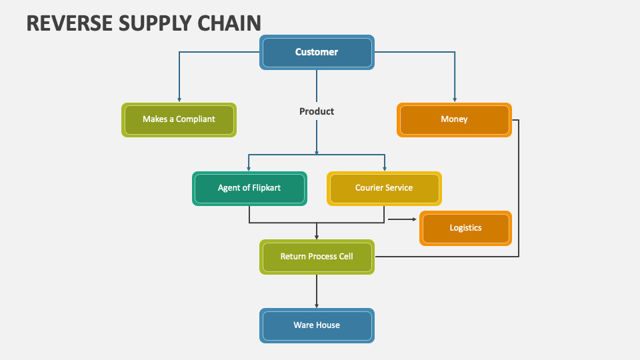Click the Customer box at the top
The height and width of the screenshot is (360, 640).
[x=317, y=52]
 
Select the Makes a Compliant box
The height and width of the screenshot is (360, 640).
[x=179, y=119]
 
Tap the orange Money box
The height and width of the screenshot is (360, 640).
[x=454, y=119]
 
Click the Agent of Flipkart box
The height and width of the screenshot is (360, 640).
[x=249, y=188]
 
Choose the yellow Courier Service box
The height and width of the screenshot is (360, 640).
[x=384, y=188]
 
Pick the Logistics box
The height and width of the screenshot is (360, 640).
[x=465, y=228]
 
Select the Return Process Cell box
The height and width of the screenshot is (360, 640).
[x=317, y=257]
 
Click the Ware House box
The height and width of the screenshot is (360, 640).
[x=317, y=325]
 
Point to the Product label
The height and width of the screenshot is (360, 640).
[x=317, y=111]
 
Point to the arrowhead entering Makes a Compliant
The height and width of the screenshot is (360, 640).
[x=179, y=99]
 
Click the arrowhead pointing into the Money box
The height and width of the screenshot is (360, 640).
[x=455, y=99]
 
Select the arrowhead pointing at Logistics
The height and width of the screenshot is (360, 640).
[x=413, y=219]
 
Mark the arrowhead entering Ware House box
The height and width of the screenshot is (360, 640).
[x=317, y=305]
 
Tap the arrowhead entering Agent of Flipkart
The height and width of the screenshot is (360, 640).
[x=249, y=168]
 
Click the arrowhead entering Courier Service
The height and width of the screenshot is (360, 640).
[x=384, y=168]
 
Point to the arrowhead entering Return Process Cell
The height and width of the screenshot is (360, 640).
[x=317, y=236]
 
